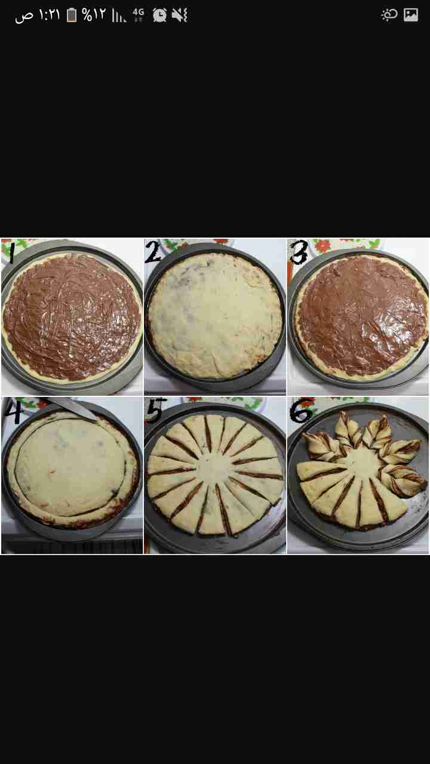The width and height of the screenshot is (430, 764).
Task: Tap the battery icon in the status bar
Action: click(72, 15)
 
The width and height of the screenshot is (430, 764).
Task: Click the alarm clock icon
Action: click(159, 15)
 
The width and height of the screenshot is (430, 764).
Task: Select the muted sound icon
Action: click(180, 15)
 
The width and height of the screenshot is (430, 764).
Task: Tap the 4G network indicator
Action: click(138, 15)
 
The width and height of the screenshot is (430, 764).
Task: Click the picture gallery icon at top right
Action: click(411, 15)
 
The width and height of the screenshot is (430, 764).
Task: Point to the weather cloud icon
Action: click(389, 15)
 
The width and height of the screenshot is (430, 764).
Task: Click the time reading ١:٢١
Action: click(49, 15)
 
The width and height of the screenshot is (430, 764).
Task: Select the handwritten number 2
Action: click(153, 251)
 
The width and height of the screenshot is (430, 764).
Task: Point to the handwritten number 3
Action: click(299, 252)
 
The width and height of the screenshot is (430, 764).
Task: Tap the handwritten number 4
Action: click(13, 410)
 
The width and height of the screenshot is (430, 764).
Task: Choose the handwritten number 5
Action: click(156, 409)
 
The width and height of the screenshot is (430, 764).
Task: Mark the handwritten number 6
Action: click(301, 409)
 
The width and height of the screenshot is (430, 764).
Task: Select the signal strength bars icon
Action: click(118, 15)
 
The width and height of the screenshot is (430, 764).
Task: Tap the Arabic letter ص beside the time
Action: click(24, 16)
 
